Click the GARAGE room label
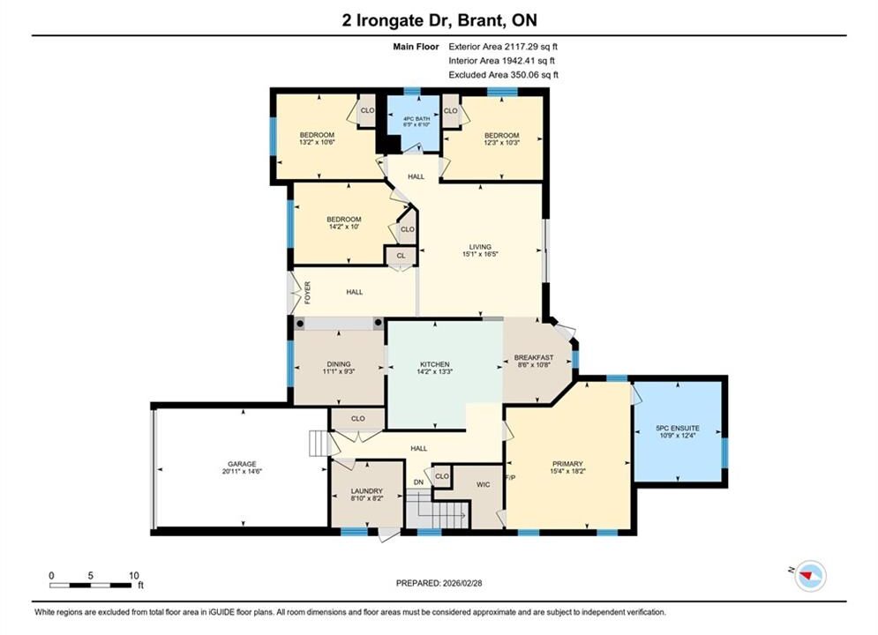point(242,464)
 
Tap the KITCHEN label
point(434,364)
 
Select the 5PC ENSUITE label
point(678,428)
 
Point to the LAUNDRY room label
point(367,490)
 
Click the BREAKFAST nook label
point(534,357)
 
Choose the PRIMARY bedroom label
point(567,464)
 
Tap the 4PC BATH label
point(416,118)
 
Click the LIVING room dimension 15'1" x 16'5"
point(480,254)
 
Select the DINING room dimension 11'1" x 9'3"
point(339,371)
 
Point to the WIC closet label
point(484,484)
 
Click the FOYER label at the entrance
point(307,293)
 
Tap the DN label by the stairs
point(419,482)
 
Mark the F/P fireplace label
point(510,477)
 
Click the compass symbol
point(810,575)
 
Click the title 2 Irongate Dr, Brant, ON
point(439,20)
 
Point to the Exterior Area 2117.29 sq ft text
point(503,47)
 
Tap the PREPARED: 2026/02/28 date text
point(439,583)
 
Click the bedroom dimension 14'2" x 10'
point(344,227)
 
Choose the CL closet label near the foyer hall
point(401,256)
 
